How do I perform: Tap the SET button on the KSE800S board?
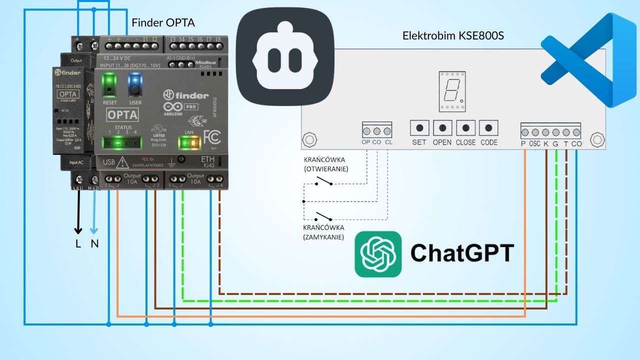tap(419, 128)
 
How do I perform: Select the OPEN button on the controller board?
tap(442, 128)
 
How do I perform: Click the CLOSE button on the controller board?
tap(465, 128)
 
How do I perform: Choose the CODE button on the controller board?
tap(488, 128)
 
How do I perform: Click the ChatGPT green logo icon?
tap(378, 254)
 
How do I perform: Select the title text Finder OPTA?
tap(163, 23)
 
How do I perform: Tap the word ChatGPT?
tap(462, 253)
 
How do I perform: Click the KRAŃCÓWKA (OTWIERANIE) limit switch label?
tap(325, 164)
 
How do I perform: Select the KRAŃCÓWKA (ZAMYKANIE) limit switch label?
tap(323, 232)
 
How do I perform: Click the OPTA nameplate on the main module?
tap(122, 114)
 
